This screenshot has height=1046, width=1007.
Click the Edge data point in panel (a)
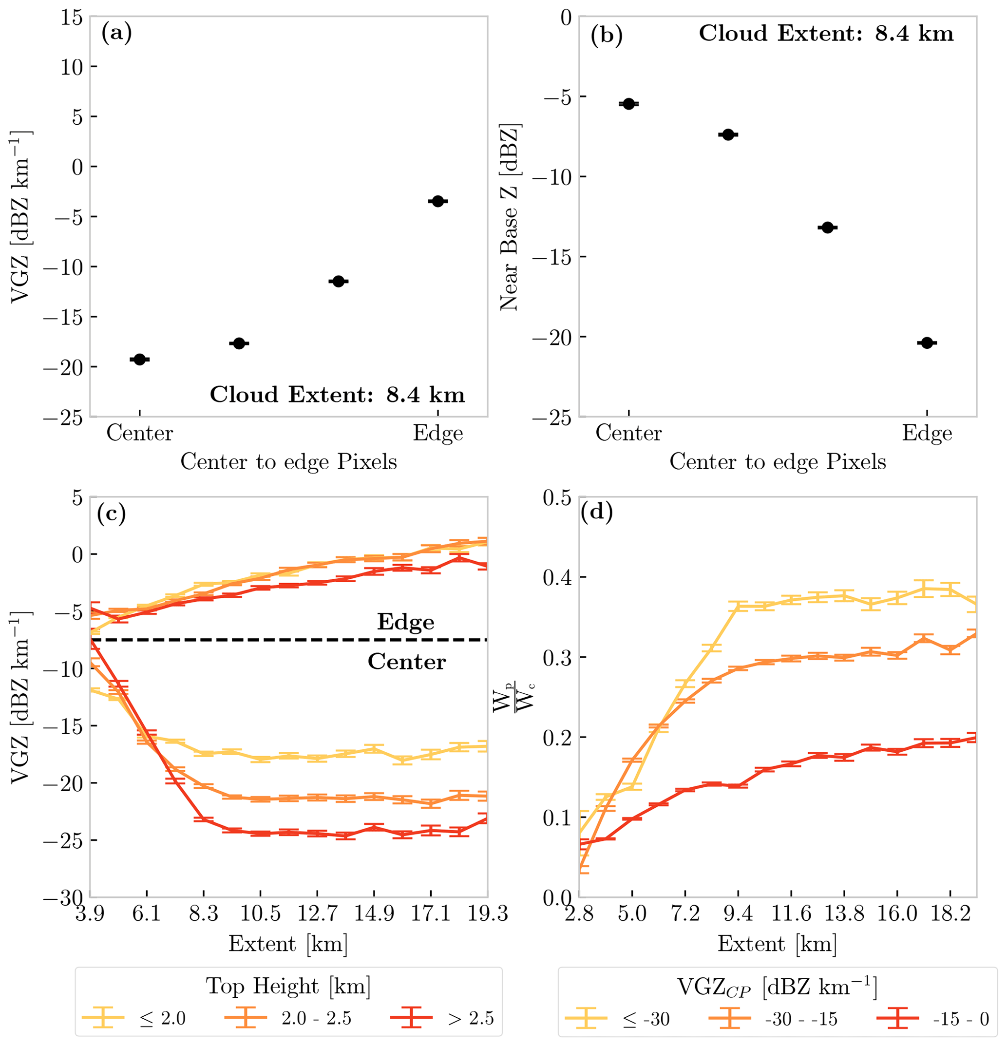click(437, 201)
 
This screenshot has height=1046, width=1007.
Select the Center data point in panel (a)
click(140, 359)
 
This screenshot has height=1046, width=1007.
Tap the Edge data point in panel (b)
click(927, 342)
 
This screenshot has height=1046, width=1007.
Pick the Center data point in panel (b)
click(628, 104)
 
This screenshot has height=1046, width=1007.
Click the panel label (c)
click(111, 513)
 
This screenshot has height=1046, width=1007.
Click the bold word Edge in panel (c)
click(405, 622)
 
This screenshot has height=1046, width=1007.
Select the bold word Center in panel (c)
click(407, 662)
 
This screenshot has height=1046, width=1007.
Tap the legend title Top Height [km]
click(288, 986)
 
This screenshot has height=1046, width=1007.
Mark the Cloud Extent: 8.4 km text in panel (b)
click(826, 34)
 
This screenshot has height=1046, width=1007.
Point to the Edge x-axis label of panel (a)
click(437, 433)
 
